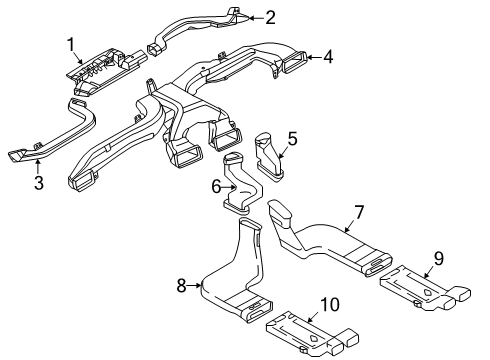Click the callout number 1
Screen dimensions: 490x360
coord(71,45)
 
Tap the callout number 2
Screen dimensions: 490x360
coord(270,17)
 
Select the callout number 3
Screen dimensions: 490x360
coord(39,183)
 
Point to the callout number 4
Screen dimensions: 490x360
coord(328,57)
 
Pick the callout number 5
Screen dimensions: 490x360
coord(292,139)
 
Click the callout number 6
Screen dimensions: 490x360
coord(216,187)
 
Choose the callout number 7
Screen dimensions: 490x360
coord(359,212)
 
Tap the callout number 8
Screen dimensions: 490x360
coord(181,286)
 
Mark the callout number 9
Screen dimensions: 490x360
coord(439,259)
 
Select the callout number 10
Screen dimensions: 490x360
coord(330,304)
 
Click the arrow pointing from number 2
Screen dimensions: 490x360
coord(257,18)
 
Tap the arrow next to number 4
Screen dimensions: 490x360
coord(314,57)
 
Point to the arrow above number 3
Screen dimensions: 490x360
coord(38,167)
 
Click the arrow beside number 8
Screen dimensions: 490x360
coord(194,285)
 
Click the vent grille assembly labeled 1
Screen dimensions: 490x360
coord(105,71)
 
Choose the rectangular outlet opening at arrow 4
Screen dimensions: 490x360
coord(294,62)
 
